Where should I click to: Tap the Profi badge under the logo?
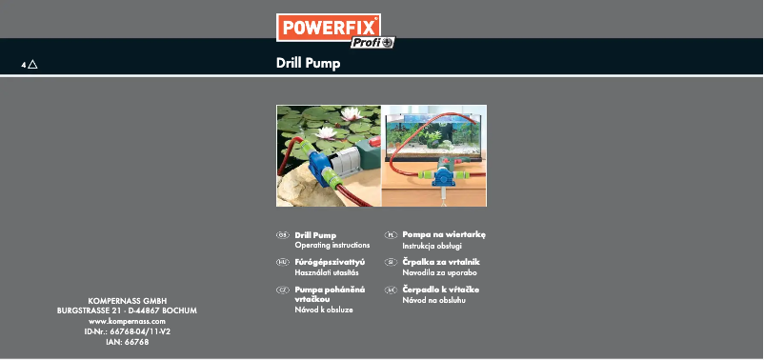point(372,42)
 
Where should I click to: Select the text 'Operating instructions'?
point(332,246)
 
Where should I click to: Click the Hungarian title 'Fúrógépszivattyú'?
point(330,261)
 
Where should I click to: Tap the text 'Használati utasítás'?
point(327,272)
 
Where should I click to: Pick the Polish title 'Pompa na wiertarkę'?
point(444,233)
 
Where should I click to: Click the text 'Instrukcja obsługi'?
point(434,246)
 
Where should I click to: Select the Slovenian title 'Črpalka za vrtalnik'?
point(441,261)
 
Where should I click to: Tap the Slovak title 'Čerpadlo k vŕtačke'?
point(440,289)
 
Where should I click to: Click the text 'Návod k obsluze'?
point(324,311)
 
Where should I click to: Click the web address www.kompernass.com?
point(127,322)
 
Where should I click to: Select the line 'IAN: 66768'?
point(127,341)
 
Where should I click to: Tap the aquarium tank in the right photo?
point(433,138)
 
